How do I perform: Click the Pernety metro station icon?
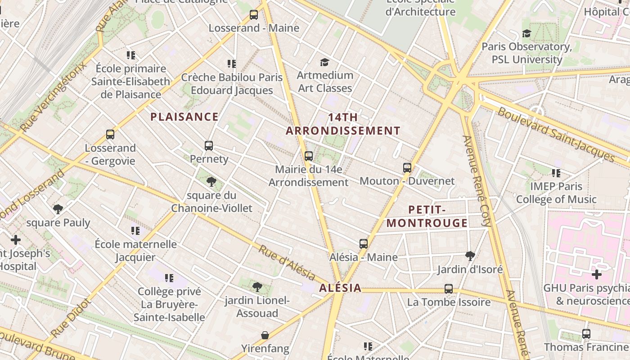pos(209,146)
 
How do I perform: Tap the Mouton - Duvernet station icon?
pos(407,168)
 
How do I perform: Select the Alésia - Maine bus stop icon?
pos(364,244)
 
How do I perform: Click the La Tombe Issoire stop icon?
pos(449,289)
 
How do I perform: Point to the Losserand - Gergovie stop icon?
pos(110,135)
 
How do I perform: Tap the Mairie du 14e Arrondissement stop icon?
pos(309,156)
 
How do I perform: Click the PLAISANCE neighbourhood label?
pos(184,117)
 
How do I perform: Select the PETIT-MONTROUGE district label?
pos(427,216)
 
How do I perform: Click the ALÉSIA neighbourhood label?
pos(340,288)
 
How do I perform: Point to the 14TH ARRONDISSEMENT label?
pos(343,124)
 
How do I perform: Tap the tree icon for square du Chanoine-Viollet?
pos(211,182)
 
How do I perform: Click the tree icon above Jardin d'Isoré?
pos(470,256)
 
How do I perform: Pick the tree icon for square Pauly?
pos(58,209)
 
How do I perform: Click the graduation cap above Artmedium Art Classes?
pos(324,62)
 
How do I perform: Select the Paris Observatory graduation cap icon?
pos(526,34)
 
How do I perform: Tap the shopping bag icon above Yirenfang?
pos(265,335)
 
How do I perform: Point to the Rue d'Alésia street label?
pos(287,262)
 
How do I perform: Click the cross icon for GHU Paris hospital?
pos(597,274)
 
